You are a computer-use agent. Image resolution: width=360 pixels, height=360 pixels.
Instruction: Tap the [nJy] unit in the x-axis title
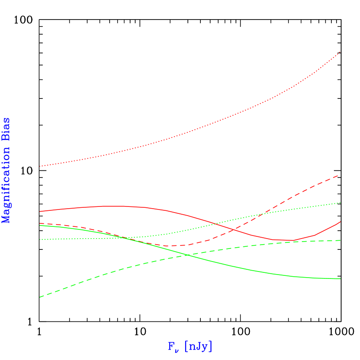198,346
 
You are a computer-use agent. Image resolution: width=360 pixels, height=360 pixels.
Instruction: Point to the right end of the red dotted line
340,52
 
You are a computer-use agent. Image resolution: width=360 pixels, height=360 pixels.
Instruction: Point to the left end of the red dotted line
39,166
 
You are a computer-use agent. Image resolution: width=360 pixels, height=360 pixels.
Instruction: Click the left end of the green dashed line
39,297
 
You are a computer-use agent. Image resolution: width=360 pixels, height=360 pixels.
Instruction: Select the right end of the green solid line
340,278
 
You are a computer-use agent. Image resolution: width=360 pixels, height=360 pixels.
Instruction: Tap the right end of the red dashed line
339,175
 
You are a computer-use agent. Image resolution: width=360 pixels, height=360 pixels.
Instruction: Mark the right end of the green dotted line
340,203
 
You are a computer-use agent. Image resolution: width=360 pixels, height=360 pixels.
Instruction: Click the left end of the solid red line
39,211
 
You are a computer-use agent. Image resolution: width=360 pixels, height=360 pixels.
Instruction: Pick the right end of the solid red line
340,222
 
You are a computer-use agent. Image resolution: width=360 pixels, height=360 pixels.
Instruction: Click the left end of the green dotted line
39,239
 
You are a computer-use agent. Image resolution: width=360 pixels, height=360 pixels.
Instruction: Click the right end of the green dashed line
340,240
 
